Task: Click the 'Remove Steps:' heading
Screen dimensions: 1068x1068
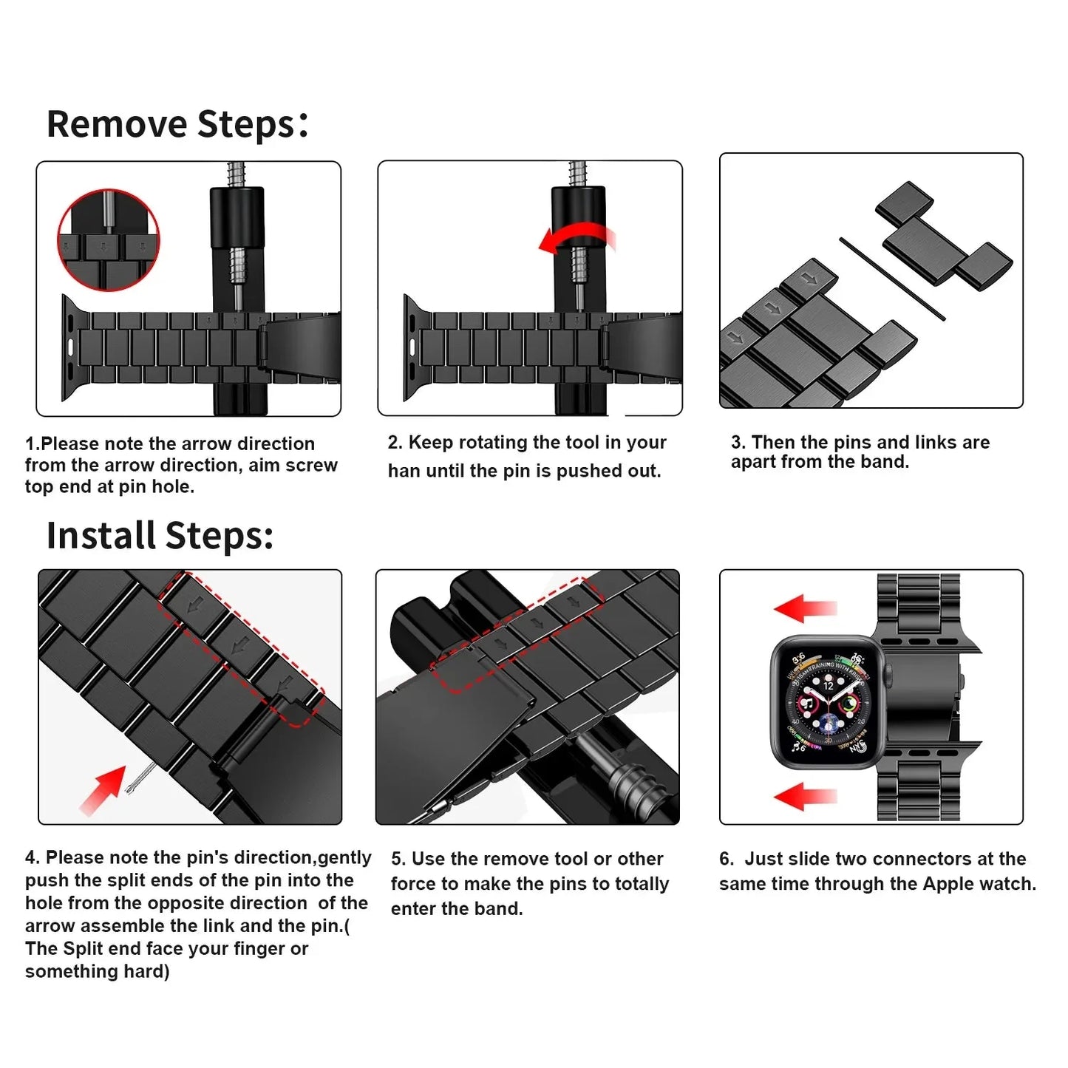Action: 177,123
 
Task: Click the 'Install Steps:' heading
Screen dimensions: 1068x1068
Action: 160,536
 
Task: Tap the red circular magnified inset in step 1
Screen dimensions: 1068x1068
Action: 109,239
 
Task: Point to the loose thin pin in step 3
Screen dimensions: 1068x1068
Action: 891,279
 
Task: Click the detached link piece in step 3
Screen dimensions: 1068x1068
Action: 943,236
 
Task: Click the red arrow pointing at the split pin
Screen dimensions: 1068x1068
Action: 103,790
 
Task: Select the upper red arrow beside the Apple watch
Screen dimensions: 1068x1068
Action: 805,609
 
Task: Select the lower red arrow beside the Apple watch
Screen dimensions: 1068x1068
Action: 805,797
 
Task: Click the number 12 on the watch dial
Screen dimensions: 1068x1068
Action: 828,686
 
